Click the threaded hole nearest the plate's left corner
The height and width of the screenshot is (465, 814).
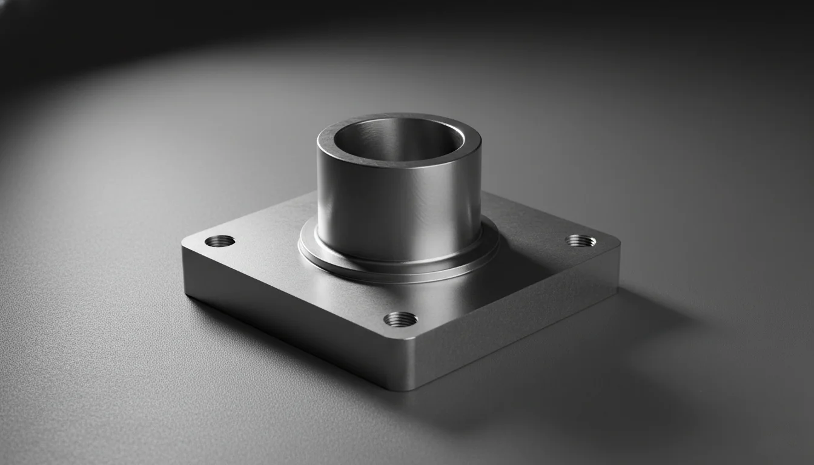click(x=220, y=241)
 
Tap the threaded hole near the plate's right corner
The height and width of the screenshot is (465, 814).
click(x=580, y=240)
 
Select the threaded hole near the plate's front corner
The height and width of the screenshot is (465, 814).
click(x=400, y=318)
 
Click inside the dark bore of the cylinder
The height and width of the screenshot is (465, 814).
click(x=388, y=145)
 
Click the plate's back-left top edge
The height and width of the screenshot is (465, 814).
click(x=254, y=215)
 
